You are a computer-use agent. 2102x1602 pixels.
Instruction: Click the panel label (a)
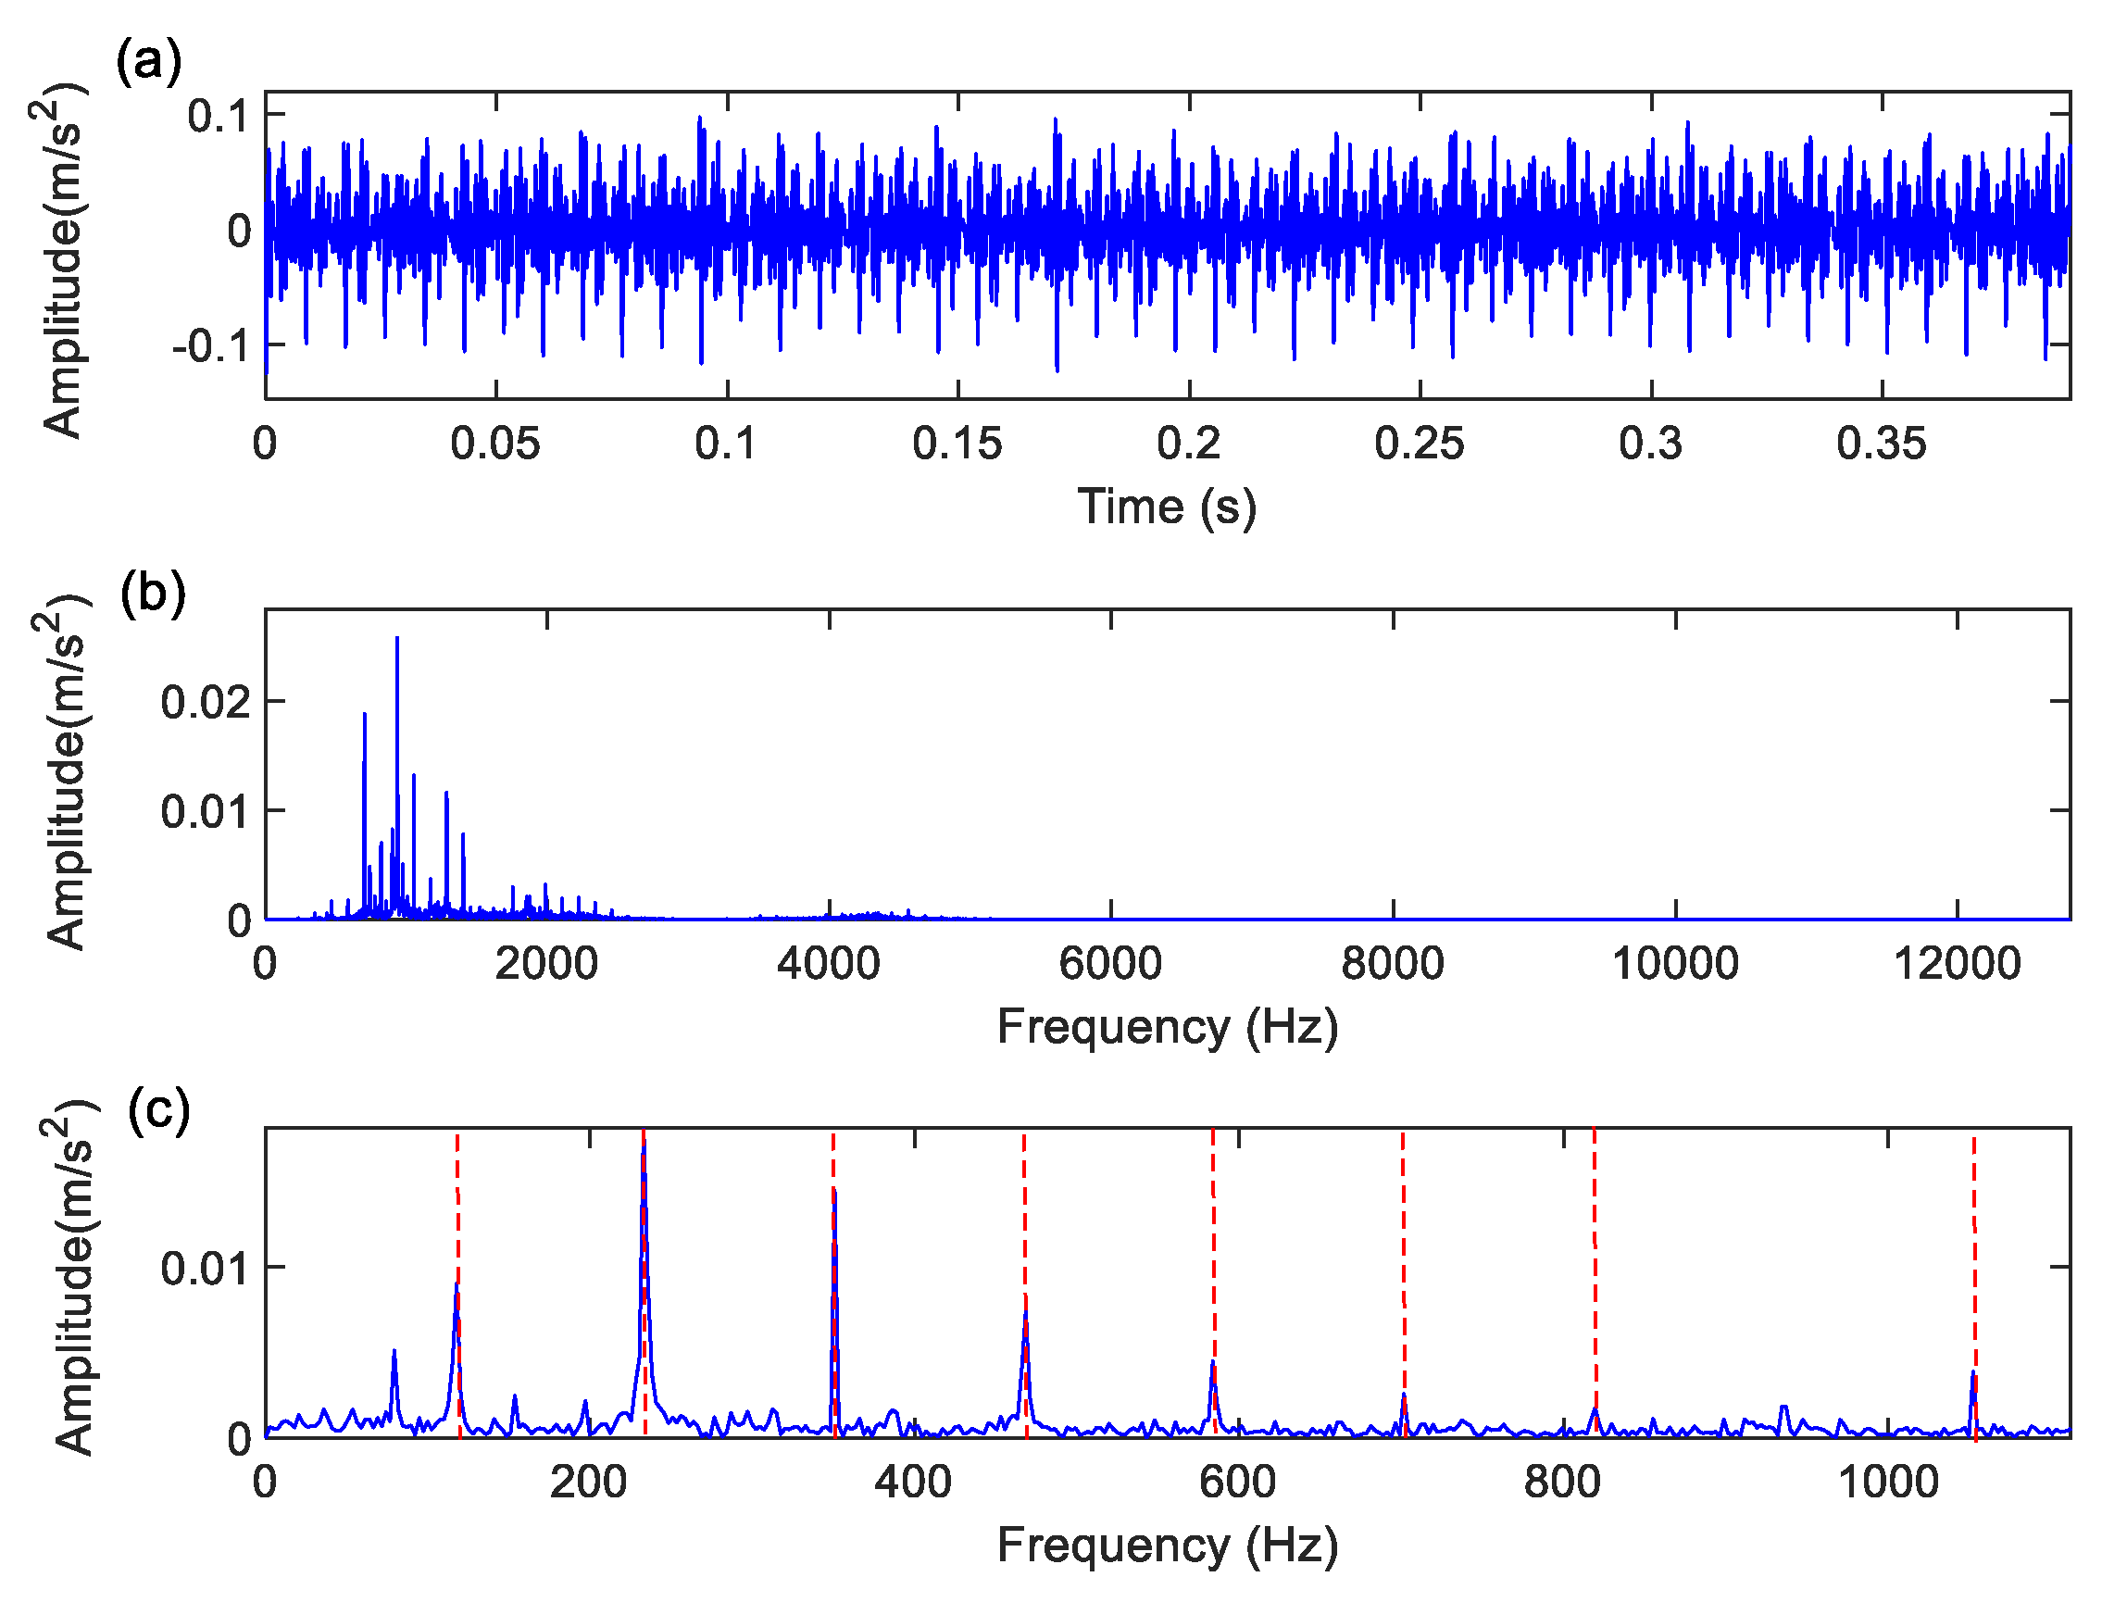(149, 63)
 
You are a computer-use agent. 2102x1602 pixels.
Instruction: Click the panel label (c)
(158, 1109)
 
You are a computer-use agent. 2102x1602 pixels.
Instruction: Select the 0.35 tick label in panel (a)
(1881, 444)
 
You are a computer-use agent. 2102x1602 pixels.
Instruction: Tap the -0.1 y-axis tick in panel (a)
(212, 345)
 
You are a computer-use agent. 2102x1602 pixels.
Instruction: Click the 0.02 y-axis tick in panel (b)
(205, 702)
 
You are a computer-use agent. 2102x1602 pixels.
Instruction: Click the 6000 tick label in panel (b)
(1109, 963)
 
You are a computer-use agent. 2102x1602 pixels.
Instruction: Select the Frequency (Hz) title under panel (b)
(1167, 1027)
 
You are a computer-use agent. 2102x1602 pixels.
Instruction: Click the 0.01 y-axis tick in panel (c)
(205, 1269)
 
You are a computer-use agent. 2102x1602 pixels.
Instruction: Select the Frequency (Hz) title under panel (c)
(1167, 1546)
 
